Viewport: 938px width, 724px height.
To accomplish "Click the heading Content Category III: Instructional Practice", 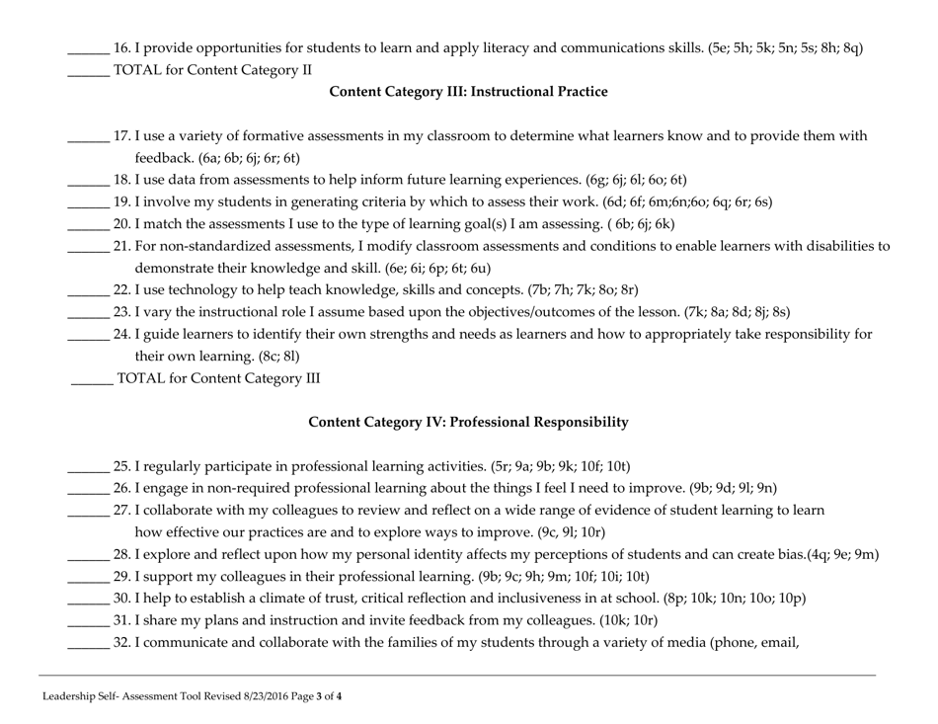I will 468,92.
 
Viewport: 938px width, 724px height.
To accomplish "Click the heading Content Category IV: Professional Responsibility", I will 468,422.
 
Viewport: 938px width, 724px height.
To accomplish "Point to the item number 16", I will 122,47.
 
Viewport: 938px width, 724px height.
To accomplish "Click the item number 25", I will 122,466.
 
